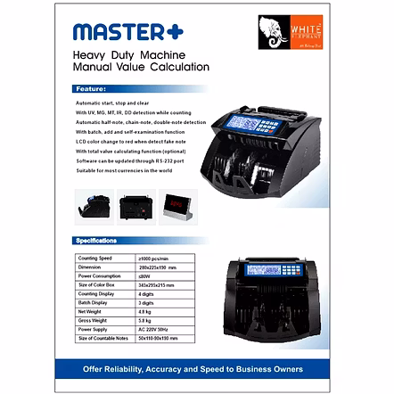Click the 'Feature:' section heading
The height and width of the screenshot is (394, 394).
coord(91,89)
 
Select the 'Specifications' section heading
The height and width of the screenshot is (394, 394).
coord(96,240)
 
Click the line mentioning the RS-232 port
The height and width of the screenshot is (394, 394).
coord(129,160)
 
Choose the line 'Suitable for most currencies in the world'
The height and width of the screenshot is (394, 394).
coord(124,170)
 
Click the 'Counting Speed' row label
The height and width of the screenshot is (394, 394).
coord(94,258)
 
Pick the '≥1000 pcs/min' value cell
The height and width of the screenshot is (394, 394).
coord(153,258)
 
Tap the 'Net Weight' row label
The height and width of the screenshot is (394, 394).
coord(89,310)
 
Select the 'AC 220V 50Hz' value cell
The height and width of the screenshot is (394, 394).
coord(153,329)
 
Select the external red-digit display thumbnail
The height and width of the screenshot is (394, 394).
coord(181,207)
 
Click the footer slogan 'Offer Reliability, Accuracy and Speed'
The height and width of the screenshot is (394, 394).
coord(193,368)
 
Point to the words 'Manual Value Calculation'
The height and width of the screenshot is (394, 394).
coord(141,68)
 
